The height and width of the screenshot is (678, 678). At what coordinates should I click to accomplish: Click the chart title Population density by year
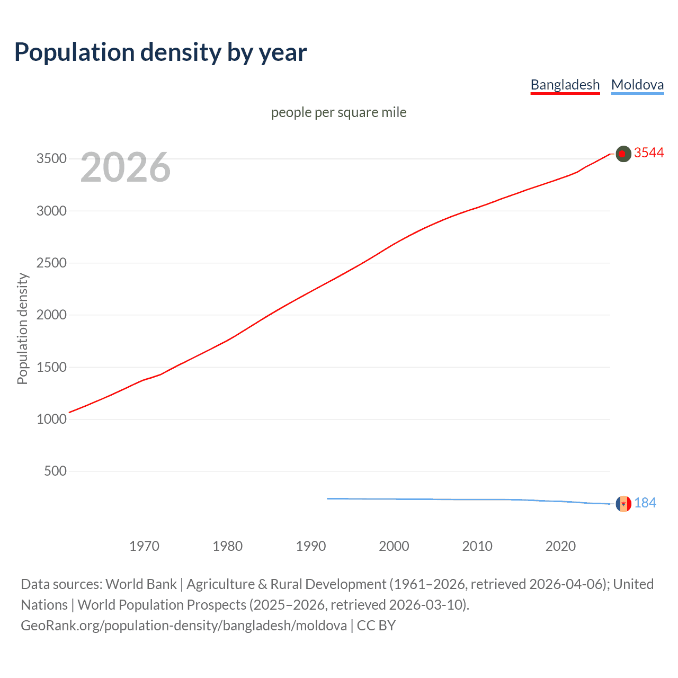(160, 52)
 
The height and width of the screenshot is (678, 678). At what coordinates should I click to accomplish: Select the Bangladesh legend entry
(565, 85)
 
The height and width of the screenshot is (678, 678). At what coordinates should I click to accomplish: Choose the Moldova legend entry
(637, 85)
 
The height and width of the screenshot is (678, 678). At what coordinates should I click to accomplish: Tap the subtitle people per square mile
(338, 112)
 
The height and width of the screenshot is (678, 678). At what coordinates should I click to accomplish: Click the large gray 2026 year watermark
(126, 167)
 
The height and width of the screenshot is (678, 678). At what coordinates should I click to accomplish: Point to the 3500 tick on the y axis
(51, 159)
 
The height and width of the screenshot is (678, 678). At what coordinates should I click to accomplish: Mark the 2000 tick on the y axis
(51, 315)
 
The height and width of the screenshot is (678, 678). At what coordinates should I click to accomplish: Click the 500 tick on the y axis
(55, 471)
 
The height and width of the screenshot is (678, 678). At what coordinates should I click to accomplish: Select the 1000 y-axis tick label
(51, 419)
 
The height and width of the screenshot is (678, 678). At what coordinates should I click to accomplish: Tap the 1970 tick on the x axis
(144, 546)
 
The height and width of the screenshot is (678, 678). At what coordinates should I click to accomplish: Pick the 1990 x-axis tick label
(311, 546)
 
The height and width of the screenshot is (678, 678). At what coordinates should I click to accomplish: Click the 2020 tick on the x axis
(560, 546)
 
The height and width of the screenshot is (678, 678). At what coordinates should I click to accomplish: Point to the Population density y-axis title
(22, 328)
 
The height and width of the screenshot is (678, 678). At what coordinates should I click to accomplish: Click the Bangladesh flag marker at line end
(623, 154)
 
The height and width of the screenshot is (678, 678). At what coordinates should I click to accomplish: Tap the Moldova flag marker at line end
(623, 504)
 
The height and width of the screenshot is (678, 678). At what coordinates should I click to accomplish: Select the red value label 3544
(649, 153)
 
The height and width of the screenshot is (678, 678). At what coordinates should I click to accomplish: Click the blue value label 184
(645, 503)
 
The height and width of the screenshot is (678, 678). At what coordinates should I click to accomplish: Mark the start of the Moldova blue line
(328, 498)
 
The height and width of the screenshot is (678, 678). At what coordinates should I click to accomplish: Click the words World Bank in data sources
(141, 584)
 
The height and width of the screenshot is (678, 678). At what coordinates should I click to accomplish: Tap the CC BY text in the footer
(376, 626)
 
